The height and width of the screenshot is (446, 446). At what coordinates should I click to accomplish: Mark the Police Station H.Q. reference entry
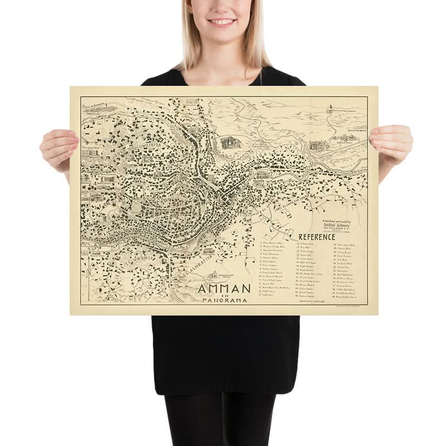[348, 244]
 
